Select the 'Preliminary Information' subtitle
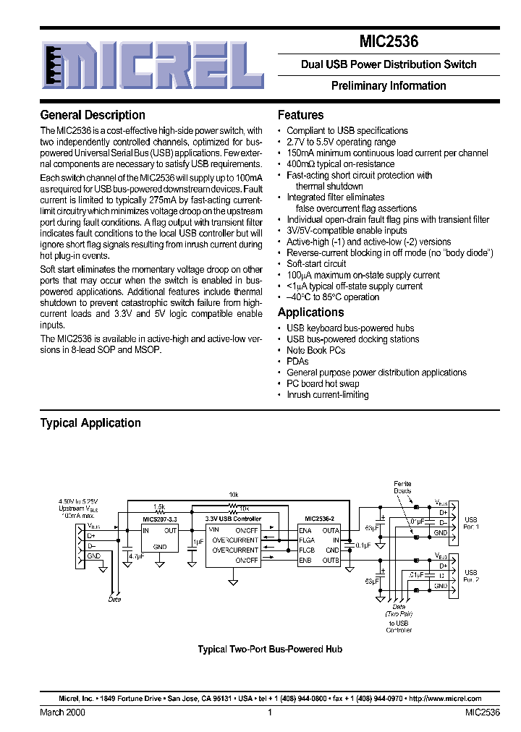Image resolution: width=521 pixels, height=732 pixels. [389, 85]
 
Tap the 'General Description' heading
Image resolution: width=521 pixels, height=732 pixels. [93, 115]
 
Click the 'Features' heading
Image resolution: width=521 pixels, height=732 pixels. [300, 115]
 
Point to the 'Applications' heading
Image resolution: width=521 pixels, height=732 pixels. [310, 312]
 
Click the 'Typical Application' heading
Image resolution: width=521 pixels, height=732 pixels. [90, 423]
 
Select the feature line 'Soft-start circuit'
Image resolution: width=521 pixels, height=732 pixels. [316, 264]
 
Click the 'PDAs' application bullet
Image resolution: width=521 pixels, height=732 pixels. [297, 361]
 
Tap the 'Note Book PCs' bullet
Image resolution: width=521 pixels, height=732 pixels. [315, 350]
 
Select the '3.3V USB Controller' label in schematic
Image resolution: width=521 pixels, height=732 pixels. [233, 519]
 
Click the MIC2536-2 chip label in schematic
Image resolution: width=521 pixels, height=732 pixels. [320, 519]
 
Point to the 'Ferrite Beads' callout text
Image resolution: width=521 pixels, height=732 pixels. [402, 487]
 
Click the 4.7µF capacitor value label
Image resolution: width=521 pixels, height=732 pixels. [135, 556]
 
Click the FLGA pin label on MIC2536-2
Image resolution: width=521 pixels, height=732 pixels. [307, 540]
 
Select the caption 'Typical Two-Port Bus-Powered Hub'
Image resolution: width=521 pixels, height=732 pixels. [270, 650]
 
